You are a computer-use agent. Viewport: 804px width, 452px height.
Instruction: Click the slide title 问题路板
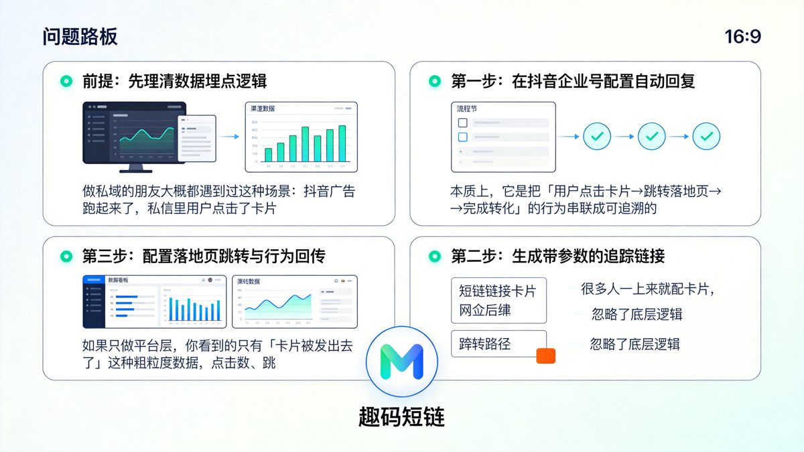tap(80, 37)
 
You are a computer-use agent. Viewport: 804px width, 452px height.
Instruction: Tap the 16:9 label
tap(742, 37)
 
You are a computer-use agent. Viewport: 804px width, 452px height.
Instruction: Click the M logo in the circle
tap(401, 362)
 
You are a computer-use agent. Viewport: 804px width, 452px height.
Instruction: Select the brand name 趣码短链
tap(401, 417)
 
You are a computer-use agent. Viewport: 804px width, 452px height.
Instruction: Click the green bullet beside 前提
tap(66, 82)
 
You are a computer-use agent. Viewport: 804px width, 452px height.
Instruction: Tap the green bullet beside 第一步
tap(434, 82)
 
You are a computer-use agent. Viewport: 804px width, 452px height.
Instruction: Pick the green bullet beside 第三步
tap(66, 256)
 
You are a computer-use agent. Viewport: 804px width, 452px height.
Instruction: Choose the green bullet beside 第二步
tap(434, 256)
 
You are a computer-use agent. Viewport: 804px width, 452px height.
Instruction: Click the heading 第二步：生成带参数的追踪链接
tap(557, 256)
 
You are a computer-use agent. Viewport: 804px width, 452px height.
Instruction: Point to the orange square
tap(546, 356)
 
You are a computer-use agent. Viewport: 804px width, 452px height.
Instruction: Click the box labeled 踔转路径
tap(498, 344)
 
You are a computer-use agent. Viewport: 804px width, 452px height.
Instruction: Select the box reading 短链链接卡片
tap(498, 300)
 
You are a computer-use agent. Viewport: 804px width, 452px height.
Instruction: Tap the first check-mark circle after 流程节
tap(597, 137)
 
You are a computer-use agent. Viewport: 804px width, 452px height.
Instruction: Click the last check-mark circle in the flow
tap(706, 137)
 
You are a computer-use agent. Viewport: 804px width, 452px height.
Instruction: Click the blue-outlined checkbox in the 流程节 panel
tap(462, 137)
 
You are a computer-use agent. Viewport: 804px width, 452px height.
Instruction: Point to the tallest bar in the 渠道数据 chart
tap(342, 143)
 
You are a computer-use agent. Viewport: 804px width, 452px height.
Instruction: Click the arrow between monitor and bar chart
tap(230, 137)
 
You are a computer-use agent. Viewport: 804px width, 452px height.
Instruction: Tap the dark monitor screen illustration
tap(134, 133)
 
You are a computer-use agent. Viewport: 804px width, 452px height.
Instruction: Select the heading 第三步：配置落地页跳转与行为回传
tap(204, 256)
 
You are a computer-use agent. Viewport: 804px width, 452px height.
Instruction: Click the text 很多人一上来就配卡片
tap(647, 289)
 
